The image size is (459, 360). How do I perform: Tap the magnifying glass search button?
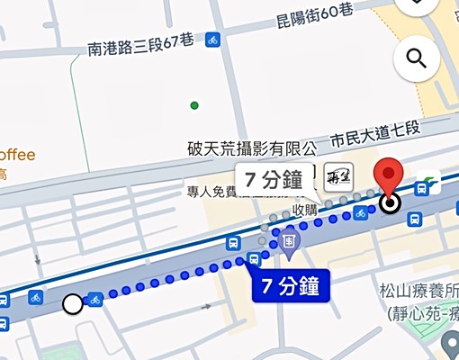point(417,59)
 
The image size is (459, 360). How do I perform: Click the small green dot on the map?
point(194,105)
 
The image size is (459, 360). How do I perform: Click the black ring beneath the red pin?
point(390,203)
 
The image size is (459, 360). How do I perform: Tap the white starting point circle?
point(73,305)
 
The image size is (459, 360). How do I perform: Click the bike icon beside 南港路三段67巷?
point(212,40)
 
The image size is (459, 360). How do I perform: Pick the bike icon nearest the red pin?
point(360,212)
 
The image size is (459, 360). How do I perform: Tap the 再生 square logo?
point(337,176)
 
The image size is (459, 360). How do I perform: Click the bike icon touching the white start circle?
point(94,300)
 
